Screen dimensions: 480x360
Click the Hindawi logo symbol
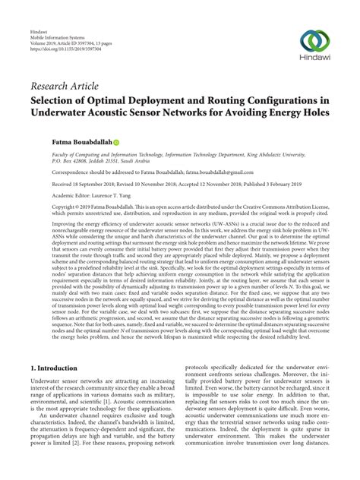coord(320,39)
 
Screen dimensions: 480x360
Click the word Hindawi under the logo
coord(320,58)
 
